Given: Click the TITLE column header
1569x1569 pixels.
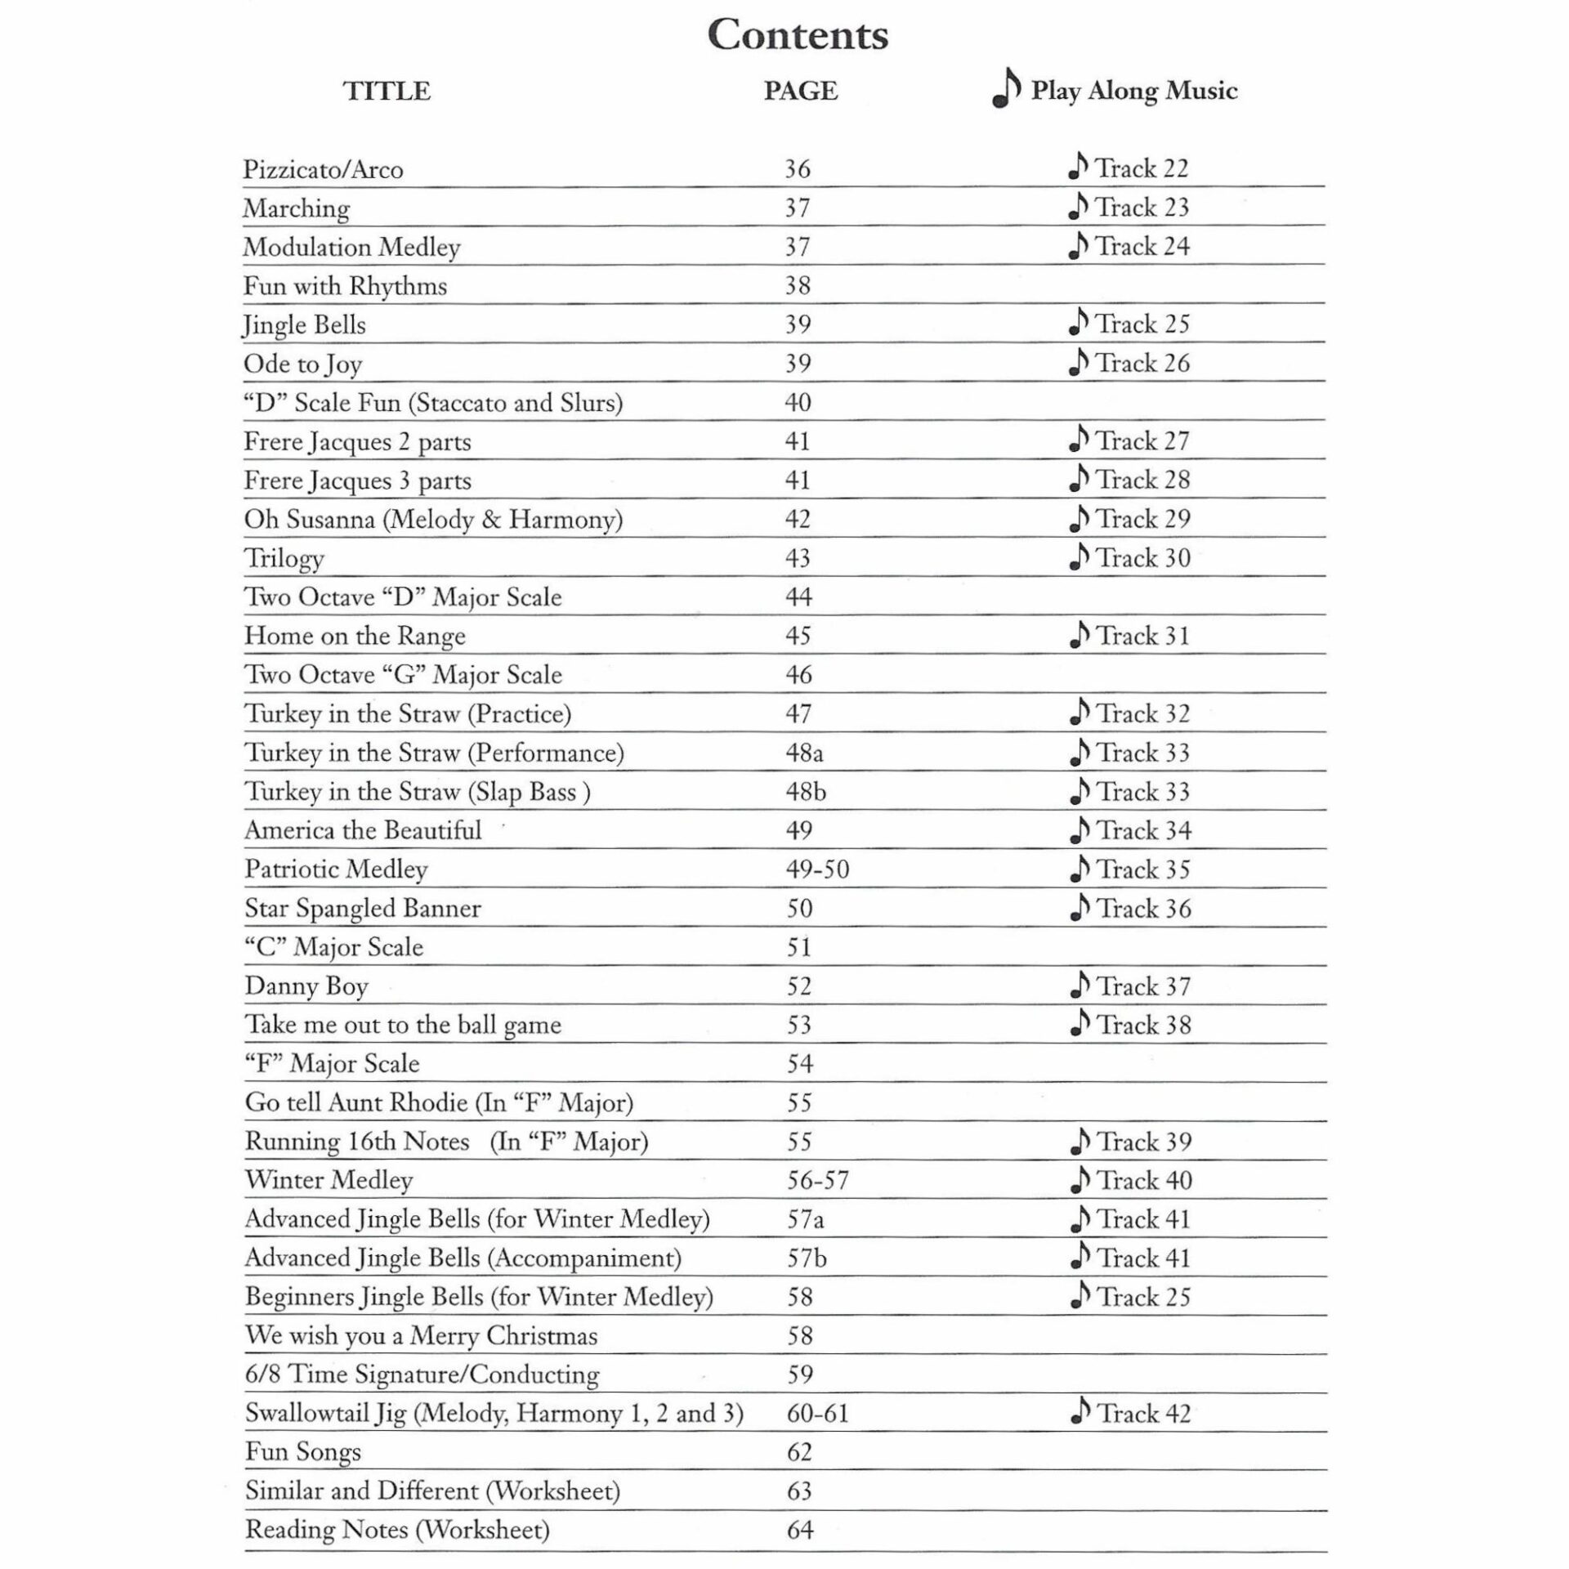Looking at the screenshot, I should pos(387,91).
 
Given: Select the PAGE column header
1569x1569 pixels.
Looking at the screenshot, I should pos(801,91).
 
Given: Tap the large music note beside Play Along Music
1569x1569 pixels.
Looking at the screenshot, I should pos(1007,88).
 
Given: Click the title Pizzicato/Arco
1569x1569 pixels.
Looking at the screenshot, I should pos(324,170).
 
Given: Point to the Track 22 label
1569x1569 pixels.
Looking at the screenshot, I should pos(1142,168).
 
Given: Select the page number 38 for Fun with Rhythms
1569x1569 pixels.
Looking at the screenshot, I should pos(798,285).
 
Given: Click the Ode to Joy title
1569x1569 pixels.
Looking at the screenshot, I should pos(303,364).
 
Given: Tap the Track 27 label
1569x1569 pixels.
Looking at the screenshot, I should pos(1142,441).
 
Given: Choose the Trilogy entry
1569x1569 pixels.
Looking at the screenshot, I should pos(284,559).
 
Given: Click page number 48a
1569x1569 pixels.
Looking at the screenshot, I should pos(804,753).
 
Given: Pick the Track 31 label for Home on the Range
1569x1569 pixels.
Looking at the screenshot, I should pos(1142,636).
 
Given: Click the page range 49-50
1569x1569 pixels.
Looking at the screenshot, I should pos(817,869).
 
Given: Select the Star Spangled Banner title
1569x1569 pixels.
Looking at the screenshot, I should pos(363,909).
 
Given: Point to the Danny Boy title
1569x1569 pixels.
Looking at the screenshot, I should pos(306,987).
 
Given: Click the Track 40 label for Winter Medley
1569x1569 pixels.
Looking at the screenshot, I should pos(1144,1181).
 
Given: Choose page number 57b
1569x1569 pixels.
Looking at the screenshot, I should pos(807,1258).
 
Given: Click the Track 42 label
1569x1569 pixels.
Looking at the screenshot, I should pos(1143,1414).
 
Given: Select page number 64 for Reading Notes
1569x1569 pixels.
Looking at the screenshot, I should pos(800,1530).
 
